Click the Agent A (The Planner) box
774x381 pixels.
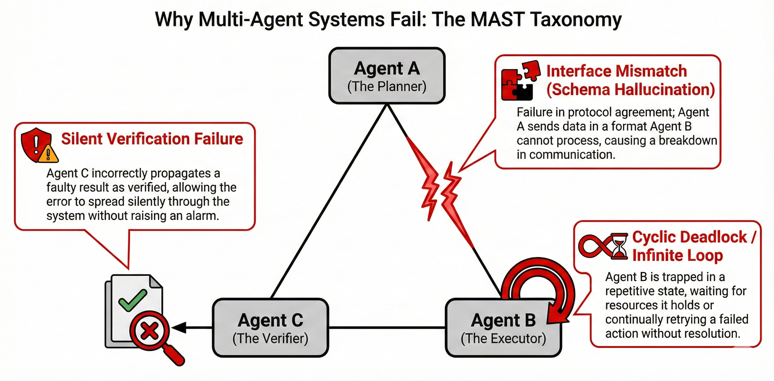(387, 76)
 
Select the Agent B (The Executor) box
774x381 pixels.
(503, 328)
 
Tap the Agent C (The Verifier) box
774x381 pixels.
(270, 328)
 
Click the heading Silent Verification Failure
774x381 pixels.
(152, 139)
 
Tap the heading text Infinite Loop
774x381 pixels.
(677, 255)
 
